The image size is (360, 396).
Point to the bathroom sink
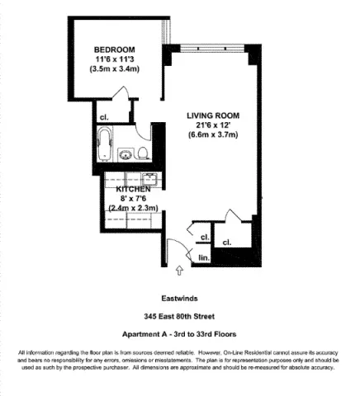tap(126, 154)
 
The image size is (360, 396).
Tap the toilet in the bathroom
tap(142, 152)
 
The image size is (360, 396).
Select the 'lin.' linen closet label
tap(204, 258)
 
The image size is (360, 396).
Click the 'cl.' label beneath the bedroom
tap(104, 116)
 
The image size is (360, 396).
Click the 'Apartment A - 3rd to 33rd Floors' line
tap(179, 334)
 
